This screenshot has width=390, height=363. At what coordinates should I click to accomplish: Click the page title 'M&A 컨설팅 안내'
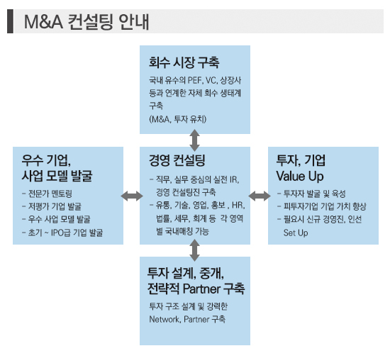[87, 22]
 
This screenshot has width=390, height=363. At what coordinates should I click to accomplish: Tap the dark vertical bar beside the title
[10, 21]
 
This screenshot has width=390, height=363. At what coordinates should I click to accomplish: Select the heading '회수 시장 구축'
[184, 62]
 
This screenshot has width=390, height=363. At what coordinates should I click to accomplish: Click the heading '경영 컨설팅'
[177, 160]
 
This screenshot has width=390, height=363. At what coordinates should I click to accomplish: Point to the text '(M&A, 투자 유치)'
[177, 119]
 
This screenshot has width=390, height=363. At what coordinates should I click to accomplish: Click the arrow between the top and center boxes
[194, 140]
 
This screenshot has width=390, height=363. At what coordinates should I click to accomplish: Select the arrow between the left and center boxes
[132, 196]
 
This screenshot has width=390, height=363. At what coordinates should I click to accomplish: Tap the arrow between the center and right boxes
[260, 196]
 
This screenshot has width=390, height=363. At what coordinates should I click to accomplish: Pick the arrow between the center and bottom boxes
[194, 250]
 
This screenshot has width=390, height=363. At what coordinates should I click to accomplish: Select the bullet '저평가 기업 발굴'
[52, 206]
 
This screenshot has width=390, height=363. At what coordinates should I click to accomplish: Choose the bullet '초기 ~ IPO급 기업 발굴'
[62, 233]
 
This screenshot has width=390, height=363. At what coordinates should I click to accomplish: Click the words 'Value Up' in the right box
[300, 176]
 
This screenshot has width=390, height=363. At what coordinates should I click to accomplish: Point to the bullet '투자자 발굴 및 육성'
[311, 194]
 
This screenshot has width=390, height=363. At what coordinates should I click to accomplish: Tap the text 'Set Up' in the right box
[296, 233]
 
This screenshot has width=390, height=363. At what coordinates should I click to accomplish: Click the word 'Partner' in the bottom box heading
[201, 289]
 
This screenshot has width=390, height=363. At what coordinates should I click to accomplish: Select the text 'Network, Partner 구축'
[187, 319]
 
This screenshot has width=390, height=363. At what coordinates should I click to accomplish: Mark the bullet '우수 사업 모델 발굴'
[56, 219]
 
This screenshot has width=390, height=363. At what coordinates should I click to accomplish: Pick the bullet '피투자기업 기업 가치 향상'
[322, 206]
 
